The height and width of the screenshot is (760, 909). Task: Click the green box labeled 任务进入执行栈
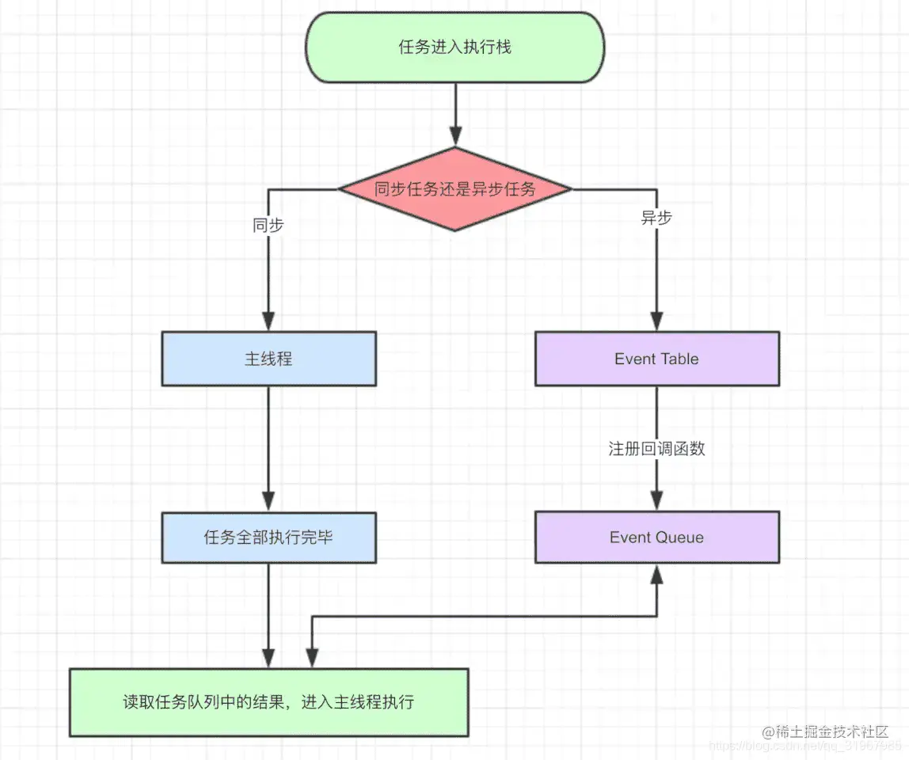[454, 47]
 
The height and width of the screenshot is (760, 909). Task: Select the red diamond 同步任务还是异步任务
[454, 189]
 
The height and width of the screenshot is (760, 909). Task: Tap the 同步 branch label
[268, 225]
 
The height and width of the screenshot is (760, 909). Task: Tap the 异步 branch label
[656, 218]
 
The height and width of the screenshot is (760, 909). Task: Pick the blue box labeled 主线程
[268, 359]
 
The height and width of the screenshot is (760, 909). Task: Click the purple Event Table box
[656, 359]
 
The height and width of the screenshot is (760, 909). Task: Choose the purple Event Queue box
[656, 538]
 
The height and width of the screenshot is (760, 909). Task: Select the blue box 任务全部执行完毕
[268, 538]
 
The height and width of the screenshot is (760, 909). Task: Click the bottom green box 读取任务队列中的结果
[268, 702]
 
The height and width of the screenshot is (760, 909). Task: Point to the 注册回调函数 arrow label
[656, 449]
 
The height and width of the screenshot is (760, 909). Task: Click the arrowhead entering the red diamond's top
[455, 135]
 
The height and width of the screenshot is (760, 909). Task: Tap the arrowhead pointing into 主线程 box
[268, 321]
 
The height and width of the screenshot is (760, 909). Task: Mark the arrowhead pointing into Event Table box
[656, 321]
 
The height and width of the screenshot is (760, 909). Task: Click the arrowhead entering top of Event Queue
[656, 500]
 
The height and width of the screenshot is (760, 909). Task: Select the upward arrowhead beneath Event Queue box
[656, 576]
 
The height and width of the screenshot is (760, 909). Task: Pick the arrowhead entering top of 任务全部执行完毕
[268, 500]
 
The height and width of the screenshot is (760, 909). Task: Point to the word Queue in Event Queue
[679, 538]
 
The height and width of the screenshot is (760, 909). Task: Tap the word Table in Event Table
[679, 359]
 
